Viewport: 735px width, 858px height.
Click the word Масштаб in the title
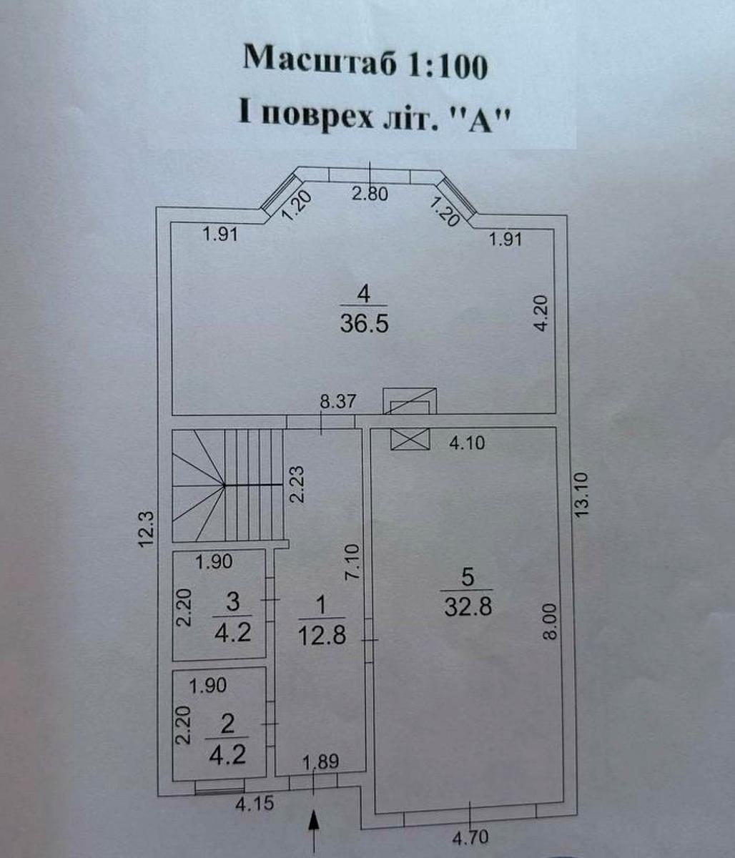(x=320, y=62)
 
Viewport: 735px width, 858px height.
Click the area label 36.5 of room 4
(x=364, y=324)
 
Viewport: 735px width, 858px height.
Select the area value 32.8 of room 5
(x=468, y=606)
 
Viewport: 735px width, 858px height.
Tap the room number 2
(x=227, y=725)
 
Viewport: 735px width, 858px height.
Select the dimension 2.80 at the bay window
(x=370, y=194)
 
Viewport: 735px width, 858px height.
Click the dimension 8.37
(x=337, y=401)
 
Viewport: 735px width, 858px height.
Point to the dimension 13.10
(x=582, y=494)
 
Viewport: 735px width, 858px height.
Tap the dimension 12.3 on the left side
(x=147, y=530)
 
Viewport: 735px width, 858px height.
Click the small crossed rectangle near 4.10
(x=410, y=440)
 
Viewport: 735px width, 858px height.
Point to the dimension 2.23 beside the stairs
(x=297, y=485)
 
